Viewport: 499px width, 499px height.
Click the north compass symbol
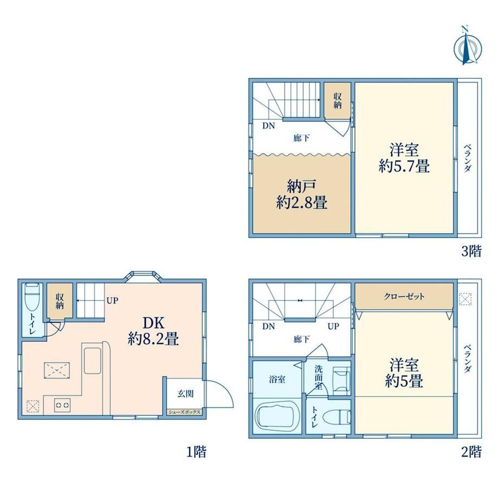pos(467,46)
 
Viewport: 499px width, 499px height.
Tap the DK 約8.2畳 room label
pos(153,331)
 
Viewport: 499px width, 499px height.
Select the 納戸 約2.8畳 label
pos(302,194)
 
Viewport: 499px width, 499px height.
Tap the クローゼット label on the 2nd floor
pos(404,297)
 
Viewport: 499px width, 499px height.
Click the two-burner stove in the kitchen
pos(62,405)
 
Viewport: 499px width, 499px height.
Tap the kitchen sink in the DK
pos(92,361)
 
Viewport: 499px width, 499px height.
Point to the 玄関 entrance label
pos(185,393)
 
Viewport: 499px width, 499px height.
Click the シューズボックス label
pos(184,412)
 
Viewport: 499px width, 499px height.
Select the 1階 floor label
pos(196,452)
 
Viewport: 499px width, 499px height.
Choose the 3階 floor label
pos(471,251)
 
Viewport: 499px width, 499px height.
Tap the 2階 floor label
pos(471,452)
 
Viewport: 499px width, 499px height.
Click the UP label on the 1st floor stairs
pos(112,300)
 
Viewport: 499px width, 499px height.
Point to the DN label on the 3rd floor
pos(268,126)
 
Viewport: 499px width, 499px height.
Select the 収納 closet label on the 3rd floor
pos(337,100)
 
